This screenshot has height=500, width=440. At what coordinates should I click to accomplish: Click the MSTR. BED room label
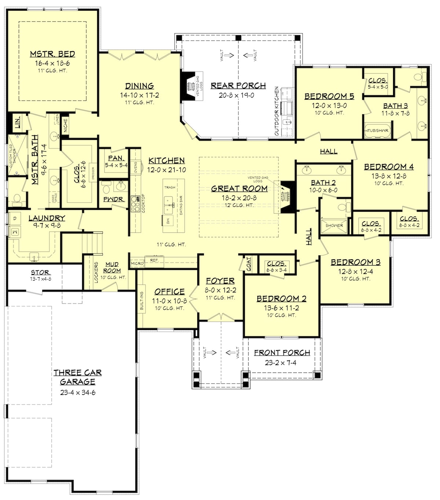52,54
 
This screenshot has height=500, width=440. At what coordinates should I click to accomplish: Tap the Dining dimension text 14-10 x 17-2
139,95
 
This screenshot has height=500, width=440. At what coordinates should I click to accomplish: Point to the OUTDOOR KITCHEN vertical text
277,111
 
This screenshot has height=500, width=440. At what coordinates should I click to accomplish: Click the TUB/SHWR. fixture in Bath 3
377,130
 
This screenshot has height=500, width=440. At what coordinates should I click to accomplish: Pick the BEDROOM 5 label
329,96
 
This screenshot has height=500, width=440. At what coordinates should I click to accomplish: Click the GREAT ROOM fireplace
287,197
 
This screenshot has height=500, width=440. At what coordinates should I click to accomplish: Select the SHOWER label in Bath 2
334,226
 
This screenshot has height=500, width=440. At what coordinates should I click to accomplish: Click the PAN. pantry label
115,158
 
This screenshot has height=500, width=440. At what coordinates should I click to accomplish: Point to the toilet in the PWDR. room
106,189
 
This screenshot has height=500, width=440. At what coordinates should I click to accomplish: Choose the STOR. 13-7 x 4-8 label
41,273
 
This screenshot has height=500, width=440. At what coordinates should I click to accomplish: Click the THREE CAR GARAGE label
77,377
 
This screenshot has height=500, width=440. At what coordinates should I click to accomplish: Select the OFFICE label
169,292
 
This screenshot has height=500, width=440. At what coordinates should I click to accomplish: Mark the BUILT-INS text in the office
142,301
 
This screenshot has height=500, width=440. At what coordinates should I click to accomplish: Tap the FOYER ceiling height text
220,298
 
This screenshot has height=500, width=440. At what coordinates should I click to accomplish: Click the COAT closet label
249,263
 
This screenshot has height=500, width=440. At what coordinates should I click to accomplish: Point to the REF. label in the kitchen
154,260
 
